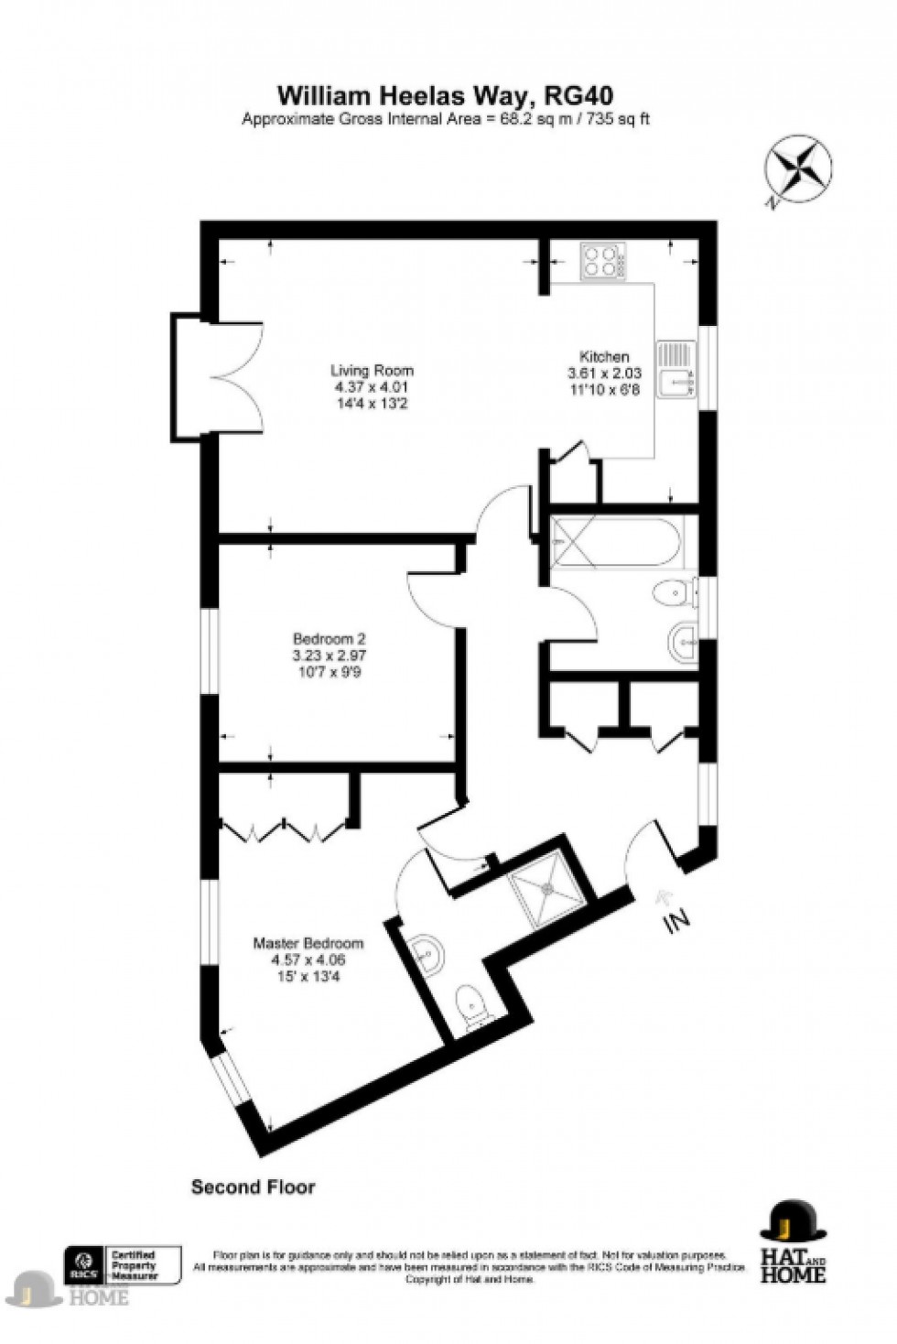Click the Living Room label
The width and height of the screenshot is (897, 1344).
pyautogui.click(x=372, y=371)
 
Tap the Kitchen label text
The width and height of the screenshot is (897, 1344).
pyautogui.click(x=604, y=357)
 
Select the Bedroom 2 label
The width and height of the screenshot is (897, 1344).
pyautogui.click(x=330, y=638)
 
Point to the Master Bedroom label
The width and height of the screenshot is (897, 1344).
pyautogui.click(x=308, y=943)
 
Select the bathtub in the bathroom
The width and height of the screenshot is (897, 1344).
pyautogui.click(x=613, y=543)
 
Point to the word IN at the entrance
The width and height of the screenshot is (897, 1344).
pyautogui.click(x=677, y=923)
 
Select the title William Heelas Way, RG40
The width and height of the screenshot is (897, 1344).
pyautogui.click(x=445, y=95)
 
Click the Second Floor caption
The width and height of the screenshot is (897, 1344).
pyautogui.click(x=253, y=1187)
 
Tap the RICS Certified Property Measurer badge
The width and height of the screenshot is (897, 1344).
pyautogui.click(x=122, y=1265)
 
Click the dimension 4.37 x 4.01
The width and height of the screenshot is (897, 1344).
pyautogui.click(x=372, y=387)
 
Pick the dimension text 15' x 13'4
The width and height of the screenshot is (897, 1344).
pyautogui.click(x=308, y=976)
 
